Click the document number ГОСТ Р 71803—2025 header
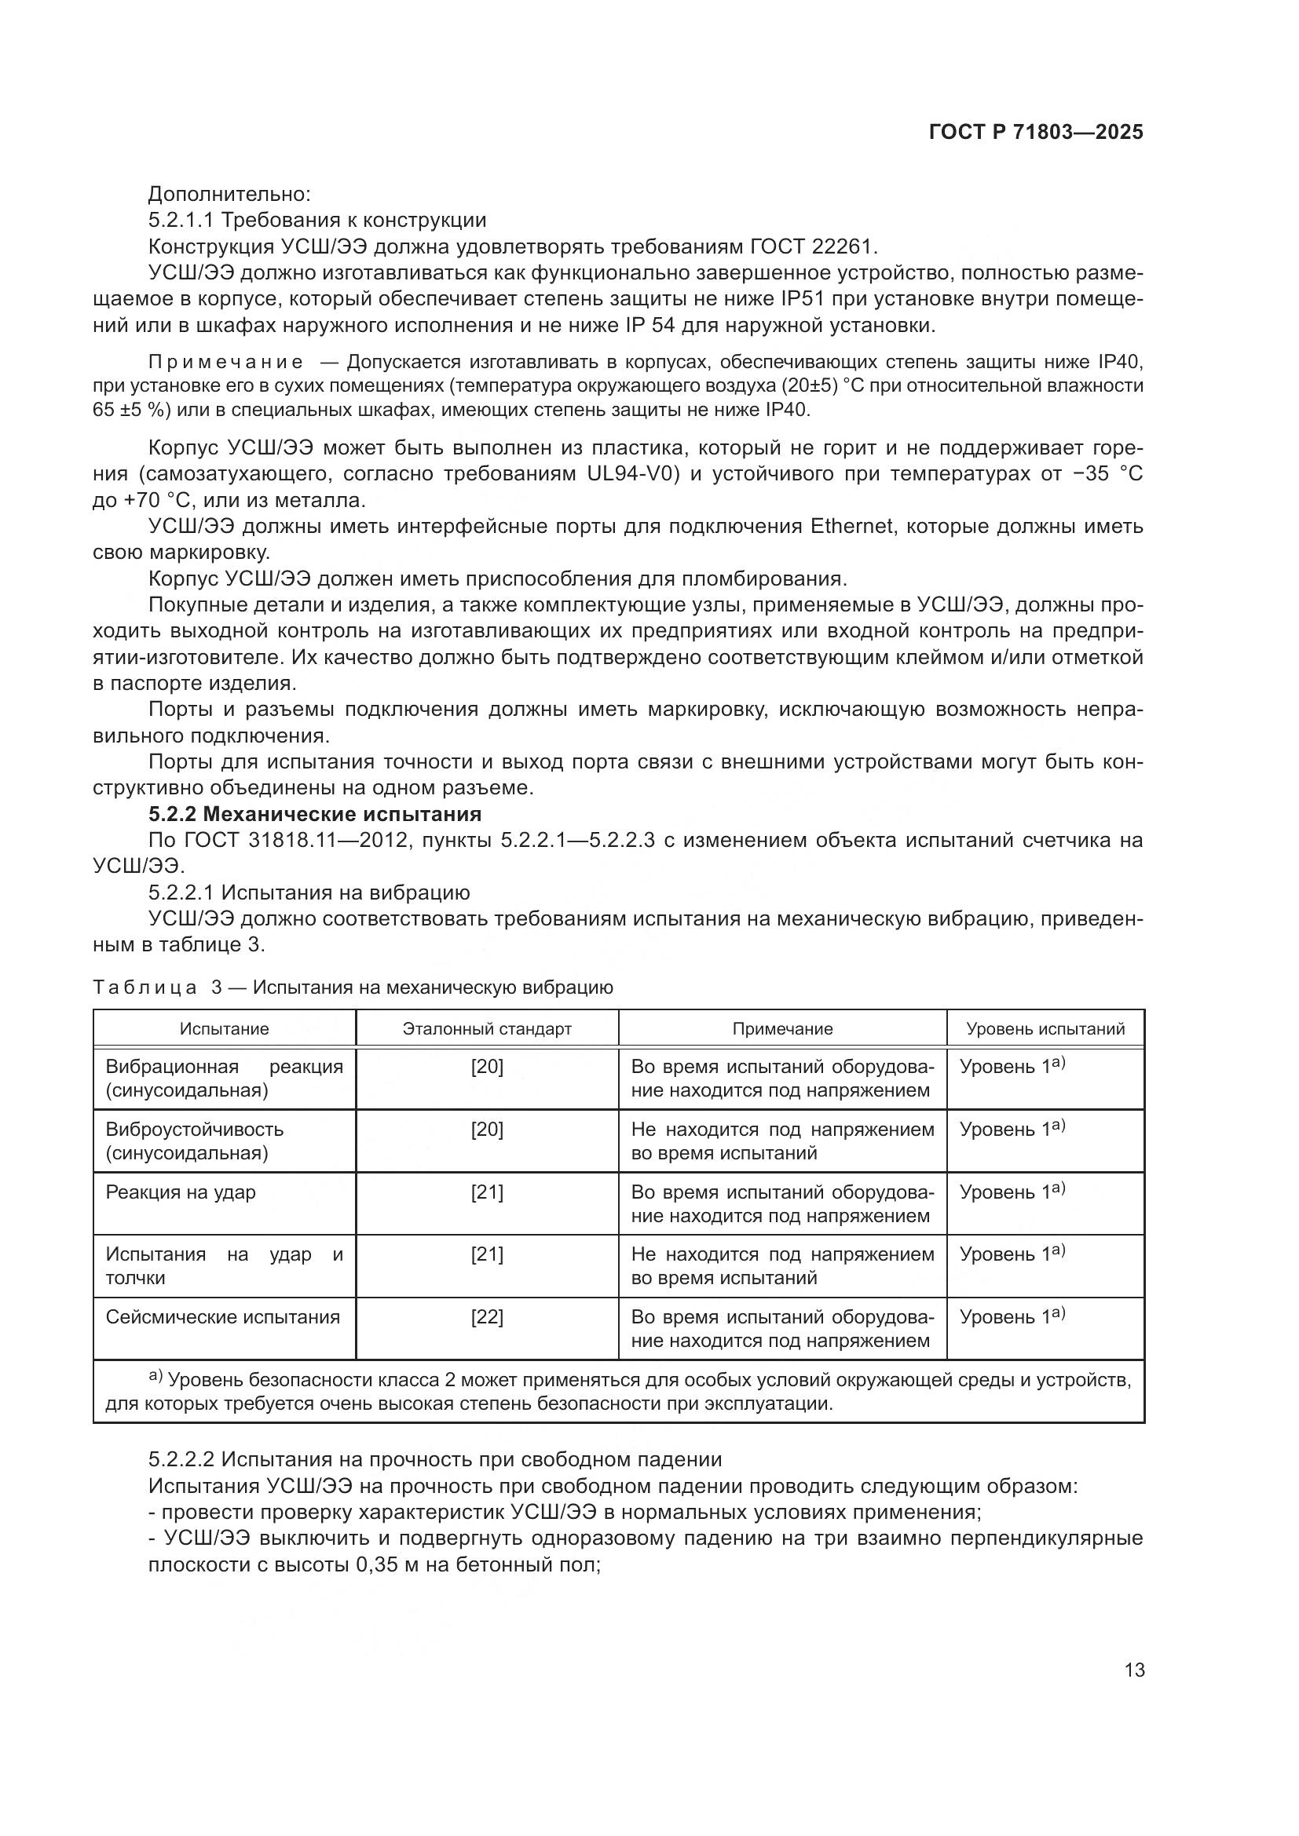[x=1036, y=133]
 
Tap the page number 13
[x=1134, y=1670]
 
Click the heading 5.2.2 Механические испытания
[x=315, y=814]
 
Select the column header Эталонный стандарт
[x=487, y=1029]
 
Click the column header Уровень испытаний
[x=1045, y=1029]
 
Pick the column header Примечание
[x=782, y=1029]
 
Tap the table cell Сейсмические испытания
[x=223, y=1317]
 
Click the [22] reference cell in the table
[x=487, y=1317]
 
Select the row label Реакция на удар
[x=181, y=1192]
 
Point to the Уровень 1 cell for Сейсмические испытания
[x=1011, y=1317]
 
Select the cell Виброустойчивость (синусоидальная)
[x=194, y=1141]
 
